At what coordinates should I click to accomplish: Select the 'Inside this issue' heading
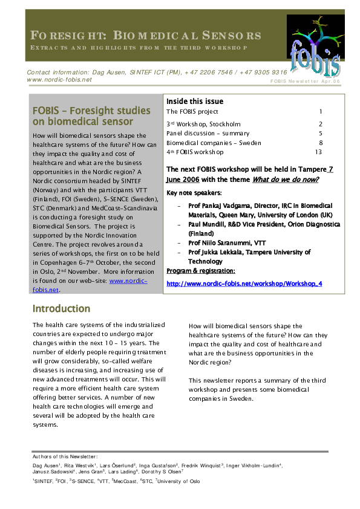[x=195, y=101]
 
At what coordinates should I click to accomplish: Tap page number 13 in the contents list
[x=318, y=152]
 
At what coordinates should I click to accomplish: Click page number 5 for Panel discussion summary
[x=320, y=133]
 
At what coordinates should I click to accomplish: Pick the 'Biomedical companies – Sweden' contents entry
[x=214, y=143]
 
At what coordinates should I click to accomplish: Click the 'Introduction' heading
[x=61, y=309]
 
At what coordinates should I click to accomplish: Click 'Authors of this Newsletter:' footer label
[x=65, y=456]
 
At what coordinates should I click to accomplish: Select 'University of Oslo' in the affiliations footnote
[x=178, y=481]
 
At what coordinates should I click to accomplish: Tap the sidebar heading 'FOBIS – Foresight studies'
[x=91, y=111]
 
